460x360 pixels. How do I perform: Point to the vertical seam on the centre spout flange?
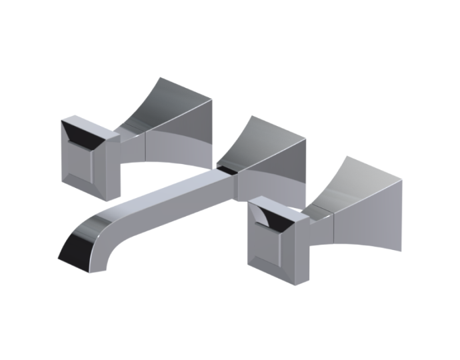[237, 183]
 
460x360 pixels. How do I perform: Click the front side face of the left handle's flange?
[177, 143]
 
